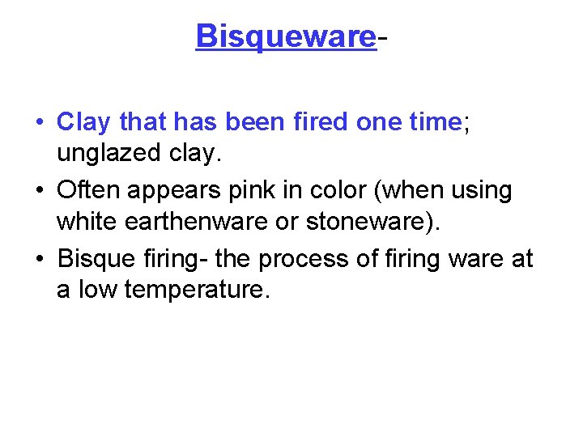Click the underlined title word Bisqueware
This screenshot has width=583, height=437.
pyautogui.click(x=286, y=36)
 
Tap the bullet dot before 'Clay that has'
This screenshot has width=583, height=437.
pyautogui.click(x=40, y=123)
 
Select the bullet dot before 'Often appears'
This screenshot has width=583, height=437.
pyautogui.click(x=40, y=192)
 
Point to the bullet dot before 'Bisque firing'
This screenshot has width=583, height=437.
pyautogui.click(x=40, y=260)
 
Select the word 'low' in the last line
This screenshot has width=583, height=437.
pyautogui.click(x=98, y=290)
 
